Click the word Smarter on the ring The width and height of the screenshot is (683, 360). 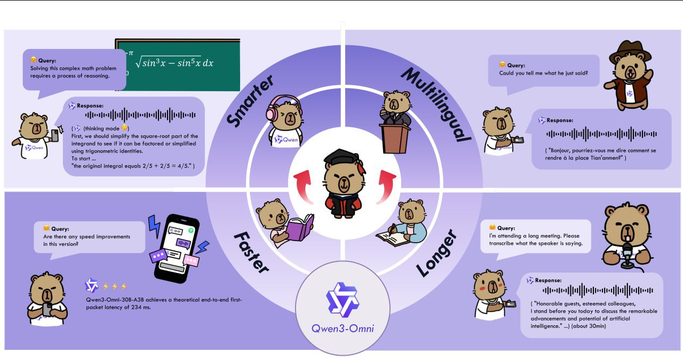click(250, 101)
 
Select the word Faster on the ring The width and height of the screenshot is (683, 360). click(251, 251)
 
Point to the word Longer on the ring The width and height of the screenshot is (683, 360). click(437, 254)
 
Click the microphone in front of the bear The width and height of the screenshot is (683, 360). click(628, 254)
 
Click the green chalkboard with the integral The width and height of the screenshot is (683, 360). click(178, 64)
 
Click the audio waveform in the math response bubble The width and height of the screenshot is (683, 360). click(141, 115)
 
